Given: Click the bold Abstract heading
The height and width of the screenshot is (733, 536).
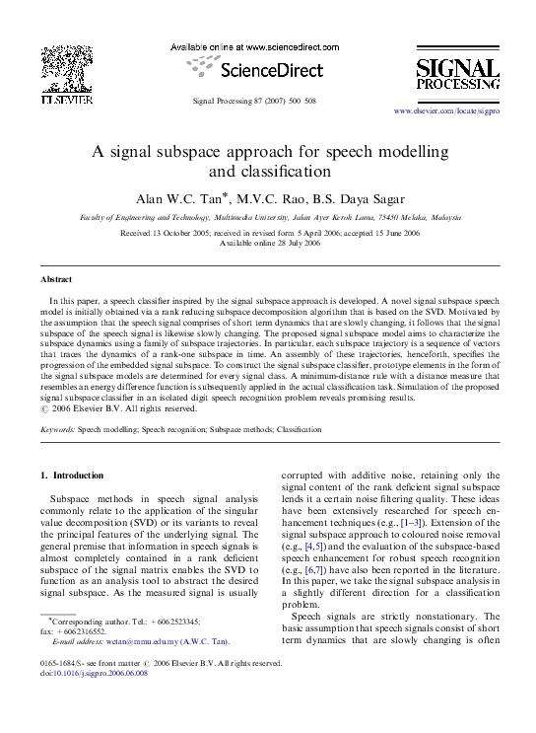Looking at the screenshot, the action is pyautogui.click(x=56, y=280).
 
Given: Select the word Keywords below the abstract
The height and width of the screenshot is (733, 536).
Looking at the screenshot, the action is pyautogui.click(x=57, y=431).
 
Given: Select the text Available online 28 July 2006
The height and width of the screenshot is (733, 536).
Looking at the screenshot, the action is pyautogui.click(x=267, y=243).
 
